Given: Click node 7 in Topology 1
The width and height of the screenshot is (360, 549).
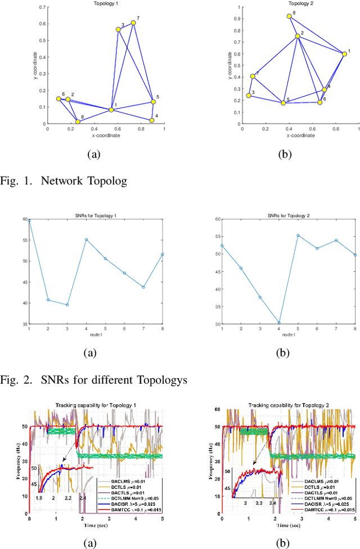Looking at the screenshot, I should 133,23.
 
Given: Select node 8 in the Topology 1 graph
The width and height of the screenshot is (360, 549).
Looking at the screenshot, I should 78,121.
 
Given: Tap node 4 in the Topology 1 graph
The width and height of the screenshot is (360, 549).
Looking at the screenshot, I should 152,120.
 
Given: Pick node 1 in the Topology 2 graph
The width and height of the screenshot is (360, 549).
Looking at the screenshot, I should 344,53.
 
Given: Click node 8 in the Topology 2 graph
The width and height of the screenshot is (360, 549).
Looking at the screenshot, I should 289,16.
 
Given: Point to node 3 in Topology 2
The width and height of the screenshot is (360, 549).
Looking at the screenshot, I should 249,96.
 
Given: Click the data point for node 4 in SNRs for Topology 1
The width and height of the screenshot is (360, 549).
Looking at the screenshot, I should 86,240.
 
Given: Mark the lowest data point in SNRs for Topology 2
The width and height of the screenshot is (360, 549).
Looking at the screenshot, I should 280,323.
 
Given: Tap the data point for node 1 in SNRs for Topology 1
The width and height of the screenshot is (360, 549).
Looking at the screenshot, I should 29,220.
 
